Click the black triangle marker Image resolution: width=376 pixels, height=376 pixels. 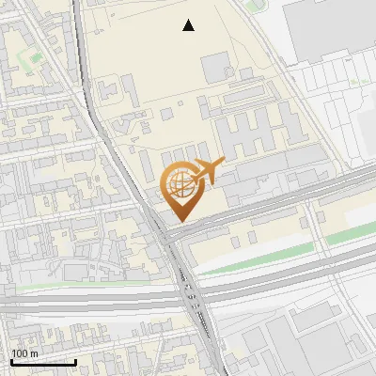[x=189, y=26]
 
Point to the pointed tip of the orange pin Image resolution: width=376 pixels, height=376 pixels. [x=179, y=221]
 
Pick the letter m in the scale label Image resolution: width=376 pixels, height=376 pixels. [x=35, y=352]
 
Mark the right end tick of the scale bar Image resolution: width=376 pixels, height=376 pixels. [x=75, y=361]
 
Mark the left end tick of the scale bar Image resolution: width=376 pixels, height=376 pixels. [x=10, y=361]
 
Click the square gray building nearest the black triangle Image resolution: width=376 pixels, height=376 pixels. [x=214, y=67]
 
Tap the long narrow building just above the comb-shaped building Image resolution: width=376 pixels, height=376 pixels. [x=248, y=99]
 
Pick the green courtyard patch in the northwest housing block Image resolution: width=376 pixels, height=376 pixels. [x=35, y=58]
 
